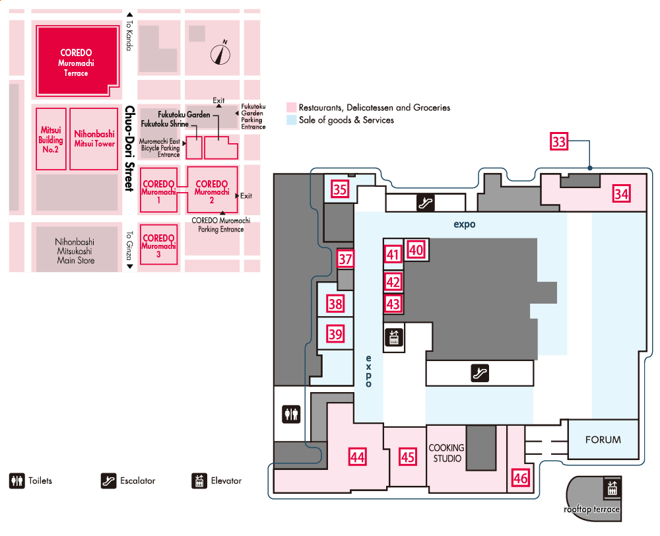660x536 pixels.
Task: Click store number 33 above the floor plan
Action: [559, 143]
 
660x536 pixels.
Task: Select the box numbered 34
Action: [620, 193]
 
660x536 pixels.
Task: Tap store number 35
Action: [340, 190]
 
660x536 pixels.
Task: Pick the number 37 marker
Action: [346, 259]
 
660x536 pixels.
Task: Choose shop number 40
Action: [415, 250]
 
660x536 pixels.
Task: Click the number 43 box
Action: [393, 304]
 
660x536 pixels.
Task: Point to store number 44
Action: [358, 456]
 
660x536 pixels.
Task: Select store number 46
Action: [520, 478]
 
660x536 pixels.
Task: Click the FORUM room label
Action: [603, 440]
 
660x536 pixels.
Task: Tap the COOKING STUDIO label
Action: [447, 453]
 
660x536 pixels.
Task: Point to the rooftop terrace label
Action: [591, 509]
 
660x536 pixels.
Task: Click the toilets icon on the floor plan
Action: [291, 415]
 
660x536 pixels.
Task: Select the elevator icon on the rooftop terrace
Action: [610, 489]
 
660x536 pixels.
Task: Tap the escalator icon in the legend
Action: [109, 481]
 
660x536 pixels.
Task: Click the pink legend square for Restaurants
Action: [290, 107]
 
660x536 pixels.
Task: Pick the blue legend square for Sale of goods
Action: [290, 120]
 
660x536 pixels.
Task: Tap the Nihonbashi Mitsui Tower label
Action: [94, 139]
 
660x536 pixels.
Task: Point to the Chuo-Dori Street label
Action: [129, 149]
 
